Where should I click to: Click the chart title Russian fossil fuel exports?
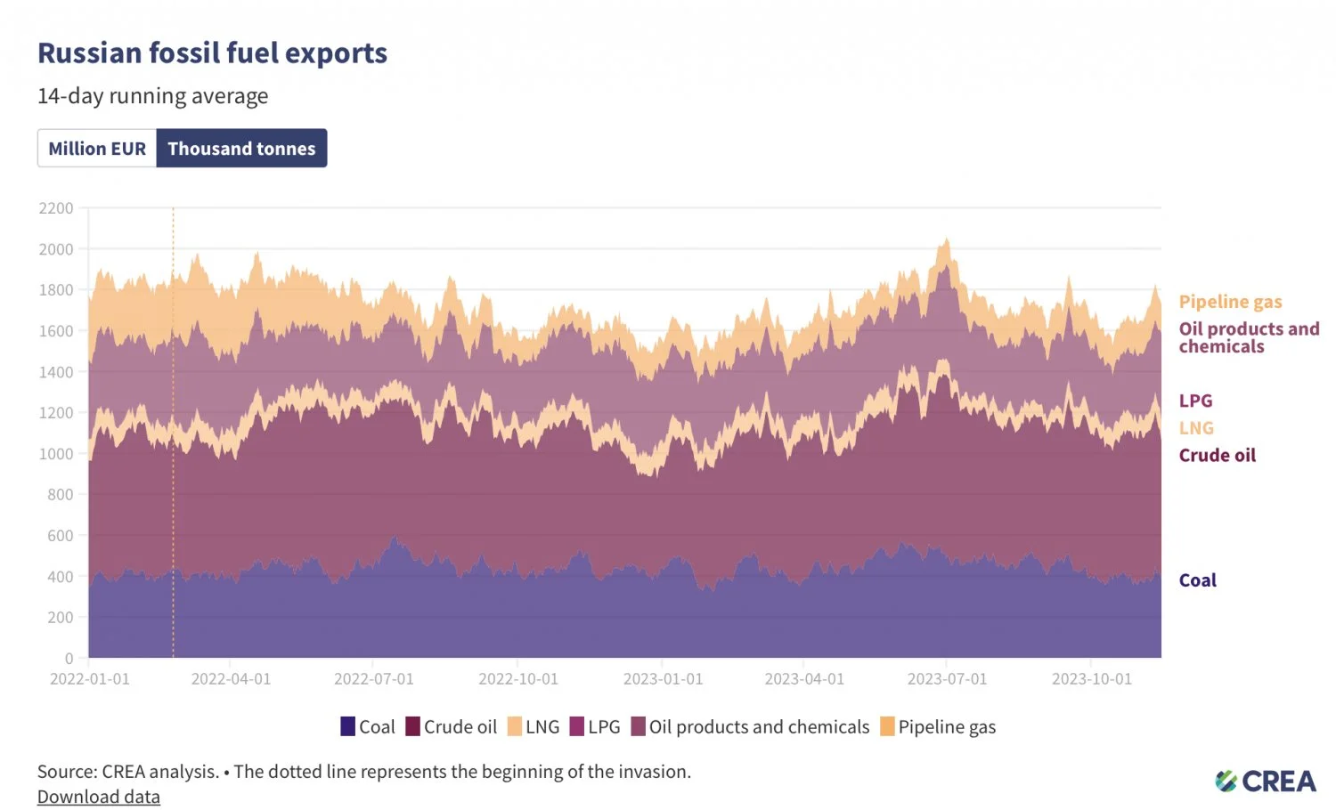point(212,53)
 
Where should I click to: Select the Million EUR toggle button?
point(97,149)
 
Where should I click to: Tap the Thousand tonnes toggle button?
point(241,149)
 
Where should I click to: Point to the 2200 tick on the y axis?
point(56,208)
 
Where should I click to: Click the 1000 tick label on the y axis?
point(56,454)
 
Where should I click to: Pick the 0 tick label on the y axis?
point(69,659)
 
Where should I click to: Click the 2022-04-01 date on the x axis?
point(231,679)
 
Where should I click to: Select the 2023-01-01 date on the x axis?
point(663,679)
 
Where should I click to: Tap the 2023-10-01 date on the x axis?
point(1091,679)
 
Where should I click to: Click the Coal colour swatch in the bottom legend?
point(348,726)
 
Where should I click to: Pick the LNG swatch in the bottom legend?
point(515,726)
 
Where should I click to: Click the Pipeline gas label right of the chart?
point(1230,302)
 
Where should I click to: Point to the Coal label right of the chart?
point(1197,580)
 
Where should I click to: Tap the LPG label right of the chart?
point(1195,401)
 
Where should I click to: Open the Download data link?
point(99,797)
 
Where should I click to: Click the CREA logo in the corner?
point(1265,782)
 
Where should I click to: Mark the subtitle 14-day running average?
point(152,96)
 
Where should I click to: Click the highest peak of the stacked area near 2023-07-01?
point(947,239)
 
